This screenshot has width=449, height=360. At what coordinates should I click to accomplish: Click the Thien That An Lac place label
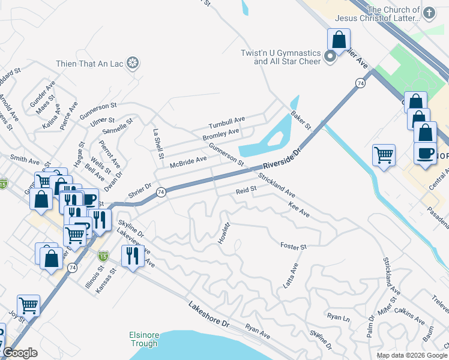89,63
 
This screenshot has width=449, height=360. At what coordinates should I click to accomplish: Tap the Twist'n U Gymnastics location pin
330,57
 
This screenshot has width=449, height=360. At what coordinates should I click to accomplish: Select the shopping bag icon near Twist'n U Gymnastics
339,40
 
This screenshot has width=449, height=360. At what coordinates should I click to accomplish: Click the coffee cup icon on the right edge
426,153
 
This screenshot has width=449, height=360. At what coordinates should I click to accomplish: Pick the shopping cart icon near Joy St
28,306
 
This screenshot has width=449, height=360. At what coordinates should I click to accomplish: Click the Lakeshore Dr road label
209,314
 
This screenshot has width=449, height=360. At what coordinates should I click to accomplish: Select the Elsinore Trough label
143,339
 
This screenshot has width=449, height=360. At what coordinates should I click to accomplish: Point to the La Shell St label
158,145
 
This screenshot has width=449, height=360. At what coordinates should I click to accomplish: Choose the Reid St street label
246,190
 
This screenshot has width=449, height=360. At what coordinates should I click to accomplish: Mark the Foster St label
294,246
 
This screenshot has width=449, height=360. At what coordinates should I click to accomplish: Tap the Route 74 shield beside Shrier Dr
160,192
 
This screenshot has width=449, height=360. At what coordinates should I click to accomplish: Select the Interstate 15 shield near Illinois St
103,256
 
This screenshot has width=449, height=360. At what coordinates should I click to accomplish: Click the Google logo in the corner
20,353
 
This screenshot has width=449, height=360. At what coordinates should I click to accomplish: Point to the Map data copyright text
411,355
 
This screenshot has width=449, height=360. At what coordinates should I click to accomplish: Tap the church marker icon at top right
429,13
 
